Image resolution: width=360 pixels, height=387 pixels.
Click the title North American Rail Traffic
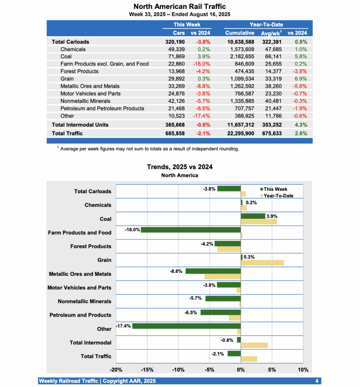(x=180, y=6)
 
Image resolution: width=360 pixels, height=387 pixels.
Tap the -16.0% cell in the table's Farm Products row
(x=203, y=64)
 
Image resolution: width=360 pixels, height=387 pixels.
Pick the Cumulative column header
(x=240, y=33)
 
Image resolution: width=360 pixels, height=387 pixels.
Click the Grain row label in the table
(x=67, y=79)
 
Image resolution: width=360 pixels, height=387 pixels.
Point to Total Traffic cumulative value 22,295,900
(x=238, y=133)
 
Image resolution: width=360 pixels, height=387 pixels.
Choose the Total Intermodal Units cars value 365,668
(x=174, y=125)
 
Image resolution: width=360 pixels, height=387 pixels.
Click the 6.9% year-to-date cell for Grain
(x=301, y=79)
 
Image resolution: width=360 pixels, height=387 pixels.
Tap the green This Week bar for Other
(x=186, y=326)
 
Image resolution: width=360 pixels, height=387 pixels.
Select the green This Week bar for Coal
(x=253, y=216)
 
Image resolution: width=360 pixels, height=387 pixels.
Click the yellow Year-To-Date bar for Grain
(x=262, y=263)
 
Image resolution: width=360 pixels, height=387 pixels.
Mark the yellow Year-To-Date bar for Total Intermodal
(x=254, y=345)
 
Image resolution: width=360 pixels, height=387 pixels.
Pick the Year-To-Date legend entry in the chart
(x=278, y=195)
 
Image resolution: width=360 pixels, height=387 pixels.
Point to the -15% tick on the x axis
(x=147, y=370)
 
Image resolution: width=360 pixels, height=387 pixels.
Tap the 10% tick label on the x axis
(x=303, y=370)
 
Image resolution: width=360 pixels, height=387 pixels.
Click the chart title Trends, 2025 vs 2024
(x=180, y=167)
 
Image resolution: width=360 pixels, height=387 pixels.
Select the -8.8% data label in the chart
(x=176, y=271)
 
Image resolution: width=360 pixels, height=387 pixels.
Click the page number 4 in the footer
(x=317, y=381)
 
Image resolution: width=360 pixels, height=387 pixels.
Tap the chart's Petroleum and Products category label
(x=80, y=315)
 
